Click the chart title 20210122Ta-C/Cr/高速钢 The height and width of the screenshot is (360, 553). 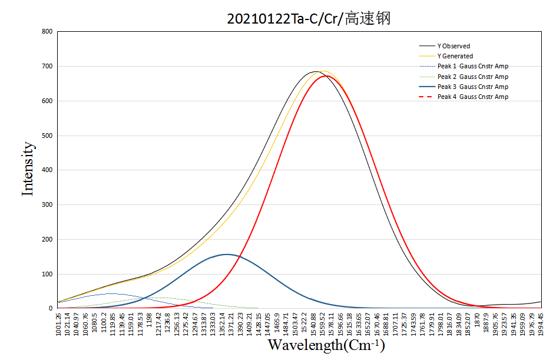(x=309, y=18)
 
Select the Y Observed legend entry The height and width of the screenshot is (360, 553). (x=453, y=46)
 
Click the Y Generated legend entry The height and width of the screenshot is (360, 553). (x=455, y=56)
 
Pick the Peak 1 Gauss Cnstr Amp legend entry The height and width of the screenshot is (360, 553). (x=472, y=66)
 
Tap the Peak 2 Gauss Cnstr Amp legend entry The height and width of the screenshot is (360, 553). (x=472, y=77)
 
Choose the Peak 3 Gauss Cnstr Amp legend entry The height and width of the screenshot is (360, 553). (x=472, y=87)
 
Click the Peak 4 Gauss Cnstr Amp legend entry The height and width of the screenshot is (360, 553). (x=472, y=97)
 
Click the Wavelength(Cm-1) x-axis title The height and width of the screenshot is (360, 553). (x=327, y=345)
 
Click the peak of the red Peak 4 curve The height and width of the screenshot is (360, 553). (x=327, y=75)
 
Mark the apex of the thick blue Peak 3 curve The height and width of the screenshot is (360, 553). (x=227, y=254)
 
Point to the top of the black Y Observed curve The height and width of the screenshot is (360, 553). (x=316, y=71)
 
